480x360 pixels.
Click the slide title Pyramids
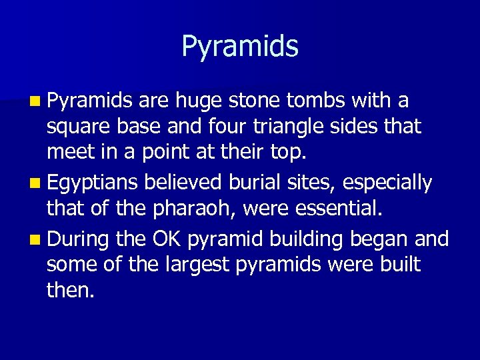tap(240, 47)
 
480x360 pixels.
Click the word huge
tap(199, 101)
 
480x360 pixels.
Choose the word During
tap(79, 237)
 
